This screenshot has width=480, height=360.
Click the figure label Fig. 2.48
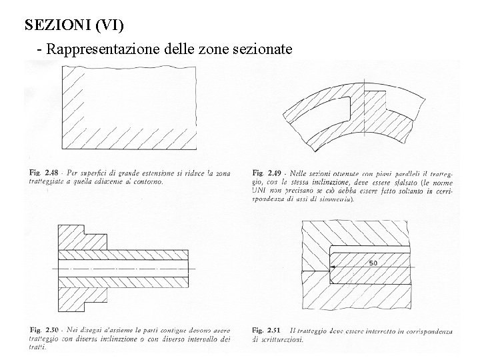(43, 173)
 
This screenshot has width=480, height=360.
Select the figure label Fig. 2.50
(43, 330)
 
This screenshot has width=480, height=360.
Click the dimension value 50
(373, 263)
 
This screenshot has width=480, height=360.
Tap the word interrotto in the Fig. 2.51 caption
(377, 330)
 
